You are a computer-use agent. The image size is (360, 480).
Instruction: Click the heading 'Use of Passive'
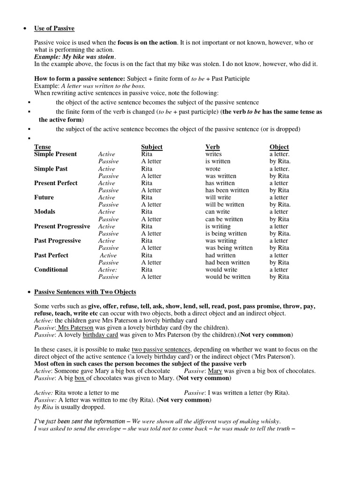coord(54,28)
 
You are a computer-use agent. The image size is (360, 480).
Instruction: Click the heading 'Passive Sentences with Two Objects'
coord(85,292)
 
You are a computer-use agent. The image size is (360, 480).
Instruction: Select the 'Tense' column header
coord(43,147)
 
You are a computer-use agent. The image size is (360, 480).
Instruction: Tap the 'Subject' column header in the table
coord(151,147)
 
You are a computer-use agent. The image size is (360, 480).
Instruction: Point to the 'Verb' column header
coord(212,147)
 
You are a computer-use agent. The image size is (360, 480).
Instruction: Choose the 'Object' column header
coord(279,147)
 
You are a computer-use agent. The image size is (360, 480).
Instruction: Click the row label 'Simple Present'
coord(55,154)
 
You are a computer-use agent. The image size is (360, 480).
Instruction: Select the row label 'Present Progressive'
coord(62,226)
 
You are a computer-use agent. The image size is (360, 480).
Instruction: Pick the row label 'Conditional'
coord(51,270)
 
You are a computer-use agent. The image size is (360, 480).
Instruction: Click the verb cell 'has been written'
coord(227,190)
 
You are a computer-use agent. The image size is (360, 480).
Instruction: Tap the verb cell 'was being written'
coord(229,248)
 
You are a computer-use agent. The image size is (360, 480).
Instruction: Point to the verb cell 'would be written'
coord(228,277)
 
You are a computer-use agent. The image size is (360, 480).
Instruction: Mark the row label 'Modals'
coord(45,212)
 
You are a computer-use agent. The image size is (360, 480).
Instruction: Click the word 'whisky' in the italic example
coord(272,421)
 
